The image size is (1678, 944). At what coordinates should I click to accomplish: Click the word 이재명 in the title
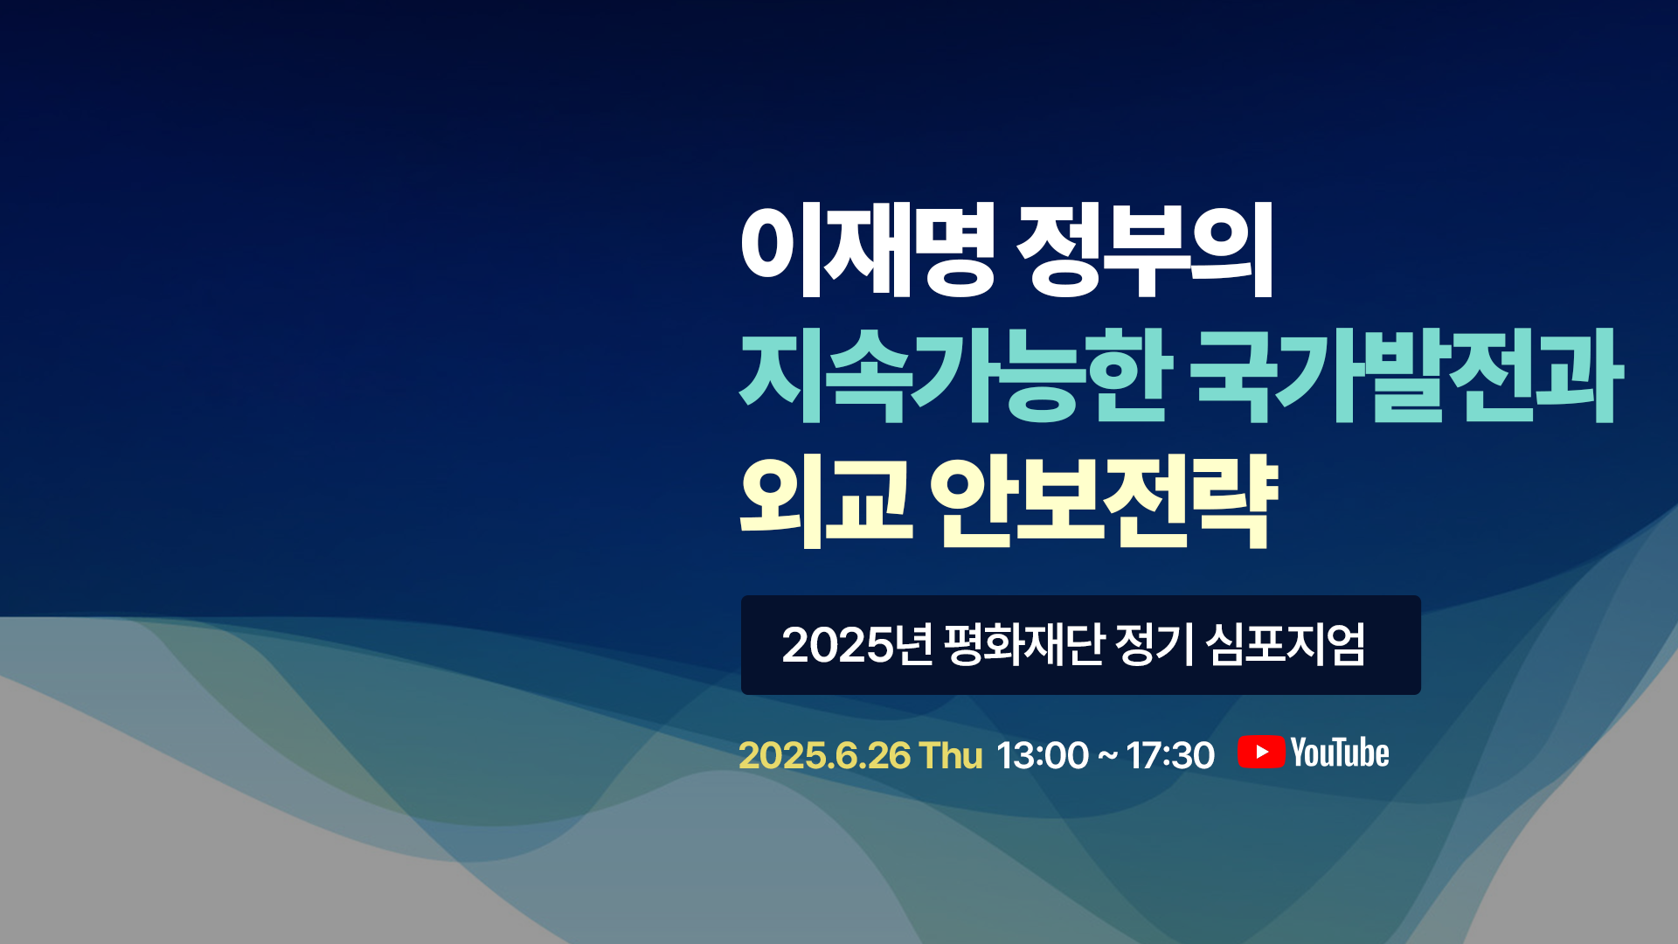click(867, 250)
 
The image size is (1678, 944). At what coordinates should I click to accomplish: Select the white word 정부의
click(1145, 250)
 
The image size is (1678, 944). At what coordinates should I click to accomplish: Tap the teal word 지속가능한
click(955, 377)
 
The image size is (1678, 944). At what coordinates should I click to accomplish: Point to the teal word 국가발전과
click(1407, 377)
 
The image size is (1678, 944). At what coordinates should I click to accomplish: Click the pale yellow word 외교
click(826, 502)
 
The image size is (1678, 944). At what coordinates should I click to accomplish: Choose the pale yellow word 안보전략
click(1104, 502)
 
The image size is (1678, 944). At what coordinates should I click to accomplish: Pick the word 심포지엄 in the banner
click(1285, 645)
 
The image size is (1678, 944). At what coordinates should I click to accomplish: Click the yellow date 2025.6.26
click(824, 755)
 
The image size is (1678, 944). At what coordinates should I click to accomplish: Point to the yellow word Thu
click(952, 755)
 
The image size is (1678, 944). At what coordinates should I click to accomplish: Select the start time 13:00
click(1043, 755)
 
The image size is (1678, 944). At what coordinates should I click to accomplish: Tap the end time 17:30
click(1170, 755)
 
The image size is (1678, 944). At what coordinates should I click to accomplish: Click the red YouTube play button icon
click(1261, 753)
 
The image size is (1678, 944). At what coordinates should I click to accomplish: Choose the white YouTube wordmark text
click(1340, 753)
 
